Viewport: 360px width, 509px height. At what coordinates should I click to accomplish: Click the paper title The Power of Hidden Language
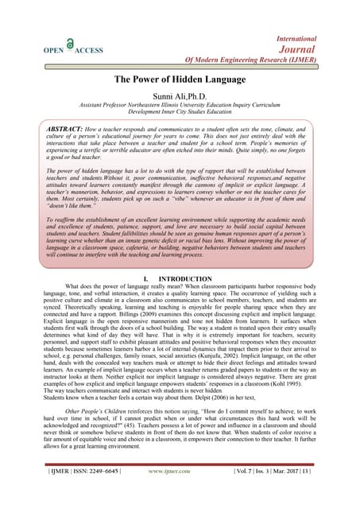(x=179, y=80)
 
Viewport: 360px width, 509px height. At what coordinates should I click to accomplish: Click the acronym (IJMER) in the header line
(x=316, y=60)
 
